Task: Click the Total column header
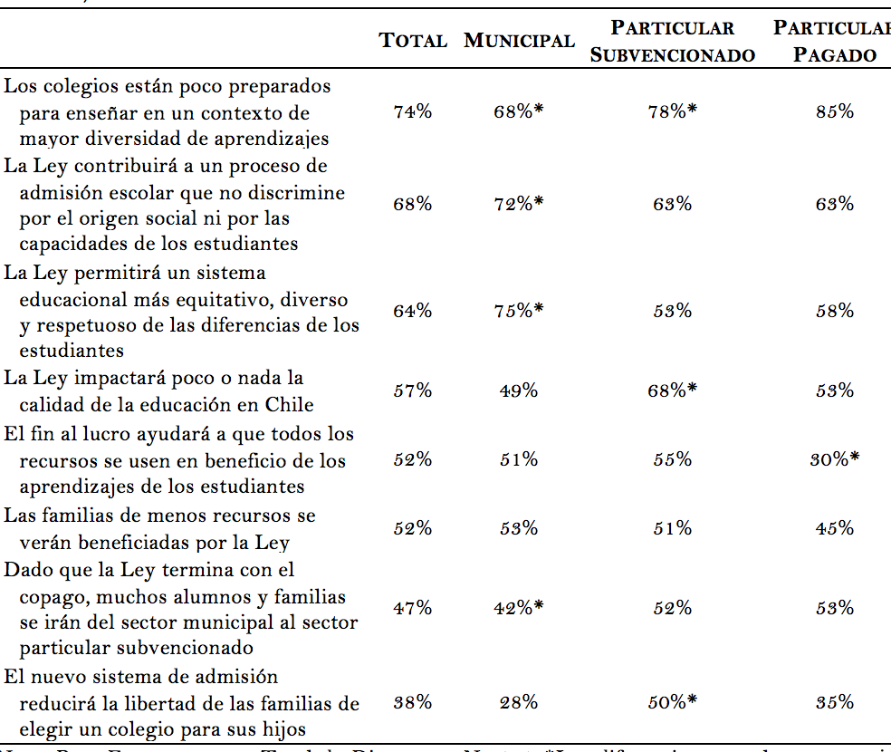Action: click(x=413, y=41)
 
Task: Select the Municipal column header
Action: click(x=519, y=41)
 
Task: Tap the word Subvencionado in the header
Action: click(x=672, y=54)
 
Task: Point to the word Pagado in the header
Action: click(x=835, y=54)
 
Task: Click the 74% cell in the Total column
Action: click(x=413, y=112)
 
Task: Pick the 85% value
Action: click(x=835, y=112)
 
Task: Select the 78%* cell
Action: click(x=672, y=112)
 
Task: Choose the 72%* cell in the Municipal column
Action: click(x=519, y=205)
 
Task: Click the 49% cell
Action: click(x=519, y=391)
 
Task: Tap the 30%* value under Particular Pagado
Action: click(x=835, y=459)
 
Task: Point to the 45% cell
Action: click(x=835, y=528)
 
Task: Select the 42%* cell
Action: click(x=519, y=609)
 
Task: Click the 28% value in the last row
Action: click(x=519, y=702)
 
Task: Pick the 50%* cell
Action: click(x=672, y=702)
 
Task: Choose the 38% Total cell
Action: click(x=413, y=702)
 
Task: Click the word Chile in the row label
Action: click(x=289, y=404)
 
